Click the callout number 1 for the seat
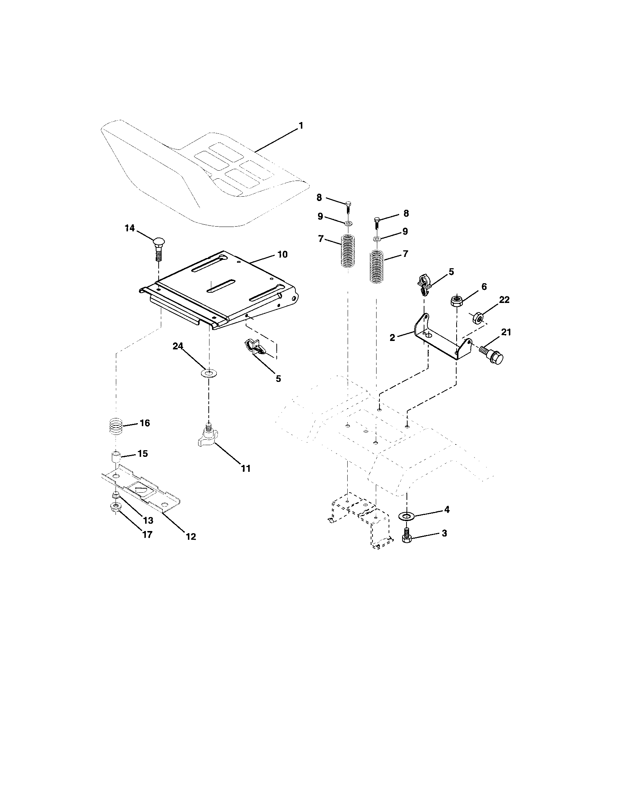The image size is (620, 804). pyautogui.click(x=301, y=126)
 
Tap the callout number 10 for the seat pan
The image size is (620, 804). pyautogui.click(x=282, y=254)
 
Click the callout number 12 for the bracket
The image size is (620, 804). pyautogui.click(x=191, y=537)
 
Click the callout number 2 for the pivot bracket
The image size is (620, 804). pyautogui.click(x=392, y=337)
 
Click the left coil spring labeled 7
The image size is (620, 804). pyautogui.click(x=347, y=251)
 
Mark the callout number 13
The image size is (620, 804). pyautogui.click(x=148, y=520)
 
